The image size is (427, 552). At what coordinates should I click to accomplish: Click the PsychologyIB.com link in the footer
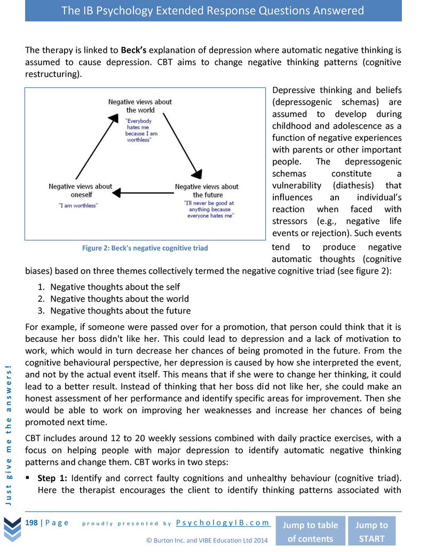coord(223,523)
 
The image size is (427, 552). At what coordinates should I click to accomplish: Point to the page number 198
coord(31,523)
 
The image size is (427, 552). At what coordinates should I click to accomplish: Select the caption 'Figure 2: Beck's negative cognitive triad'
coord(145,248)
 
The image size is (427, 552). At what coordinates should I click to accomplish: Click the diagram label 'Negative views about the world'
coord(140,106)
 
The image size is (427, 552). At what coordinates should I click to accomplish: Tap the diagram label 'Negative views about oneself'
coord(80,190)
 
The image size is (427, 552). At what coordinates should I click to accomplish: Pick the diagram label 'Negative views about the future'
coord(207,190)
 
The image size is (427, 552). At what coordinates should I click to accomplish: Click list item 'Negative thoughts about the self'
coord(115,287)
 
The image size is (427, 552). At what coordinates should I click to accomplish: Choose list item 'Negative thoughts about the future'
coord(120,310)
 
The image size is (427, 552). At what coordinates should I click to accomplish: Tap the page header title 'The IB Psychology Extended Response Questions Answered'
coord(213,11)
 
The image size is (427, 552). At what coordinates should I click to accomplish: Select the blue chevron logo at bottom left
coord(11,528)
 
